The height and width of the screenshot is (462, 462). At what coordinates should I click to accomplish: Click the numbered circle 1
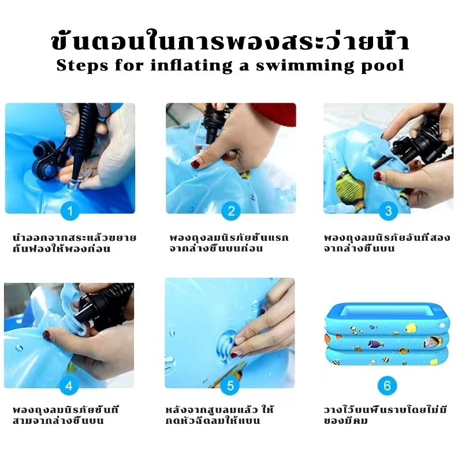tap(70, 211)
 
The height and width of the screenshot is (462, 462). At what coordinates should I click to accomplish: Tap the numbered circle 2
tap(231, 211)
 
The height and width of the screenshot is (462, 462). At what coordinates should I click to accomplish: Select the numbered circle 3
tap(388, 211)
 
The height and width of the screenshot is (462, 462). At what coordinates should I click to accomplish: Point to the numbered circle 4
tap(69, 385)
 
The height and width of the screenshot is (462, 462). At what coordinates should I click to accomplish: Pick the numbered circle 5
tap(230, 385)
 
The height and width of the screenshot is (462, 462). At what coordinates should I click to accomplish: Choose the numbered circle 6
tap(387, 385)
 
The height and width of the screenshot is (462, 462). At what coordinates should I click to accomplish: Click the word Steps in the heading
tap(82, 65)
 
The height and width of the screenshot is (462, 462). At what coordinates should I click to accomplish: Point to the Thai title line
tap(230, 41)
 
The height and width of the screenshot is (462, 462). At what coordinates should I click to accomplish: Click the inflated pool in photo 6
tap(387, 335)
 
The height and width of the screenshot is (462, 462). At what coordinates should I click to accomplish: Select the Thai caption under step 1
tap(74, 243)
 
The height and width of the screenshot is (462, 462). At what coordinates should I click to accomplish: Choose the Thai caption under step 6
tap(385, 415)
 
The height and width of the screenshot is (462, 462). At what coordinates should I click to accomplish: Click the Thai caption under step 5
tap(219, 415)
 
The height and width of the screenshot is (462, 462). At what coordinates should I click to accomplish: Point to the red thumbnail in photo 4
tap(47, 335)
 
